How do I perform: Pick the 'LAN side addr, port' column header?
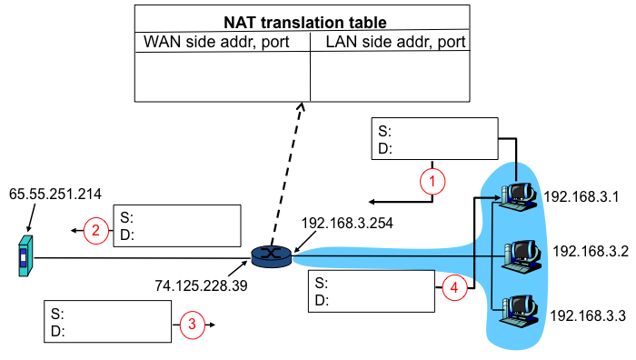point(390,42)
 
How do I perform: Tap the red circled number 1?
point(432,182)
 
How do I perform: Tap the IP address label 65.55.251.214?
point(55,194)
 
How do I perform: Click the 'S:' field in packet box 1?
point(384,131)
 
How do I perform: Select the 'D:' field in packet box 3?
point(57,331)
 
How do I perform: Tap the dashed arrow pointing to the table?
point(289,172)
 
